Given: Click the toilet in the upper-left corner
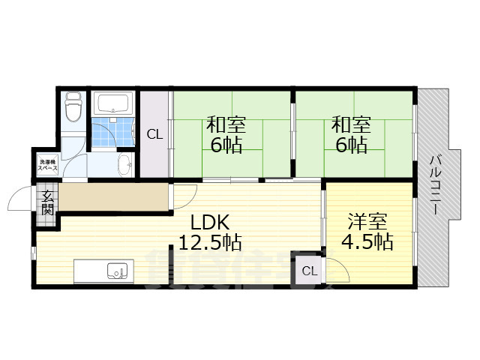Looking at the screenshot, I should [73, 108].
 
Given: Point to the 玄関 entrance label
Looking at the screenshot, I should [46, 202].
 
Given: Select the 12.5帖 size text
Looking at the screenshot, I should [209, 242].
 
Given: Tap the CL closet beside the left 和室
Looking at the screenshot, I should [154, 135].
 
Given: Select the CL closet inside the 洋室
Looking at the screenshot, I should [308, 271].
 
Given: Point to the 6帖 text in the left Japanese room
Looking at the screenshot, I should [226, 145].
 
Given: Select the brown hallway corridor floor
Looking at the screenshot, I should [112, 197].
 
